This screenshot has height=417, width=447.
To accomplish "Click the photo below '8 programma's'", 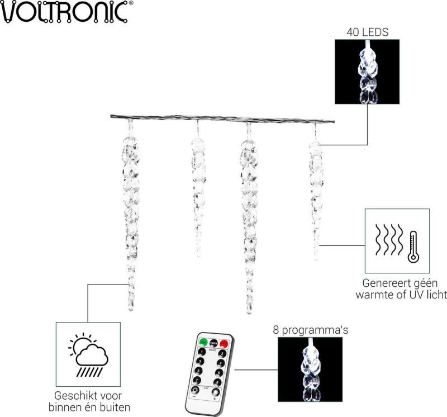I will (x=311, y=369).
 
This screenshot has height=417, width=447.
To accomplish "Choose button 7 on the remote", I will (x=197, y=380).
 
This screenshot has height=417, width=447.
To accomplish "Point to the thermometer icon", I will (x=413, y=245).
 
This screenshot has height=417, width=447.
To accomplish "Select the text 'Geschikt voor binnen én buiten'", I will (x=89, y=401).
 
